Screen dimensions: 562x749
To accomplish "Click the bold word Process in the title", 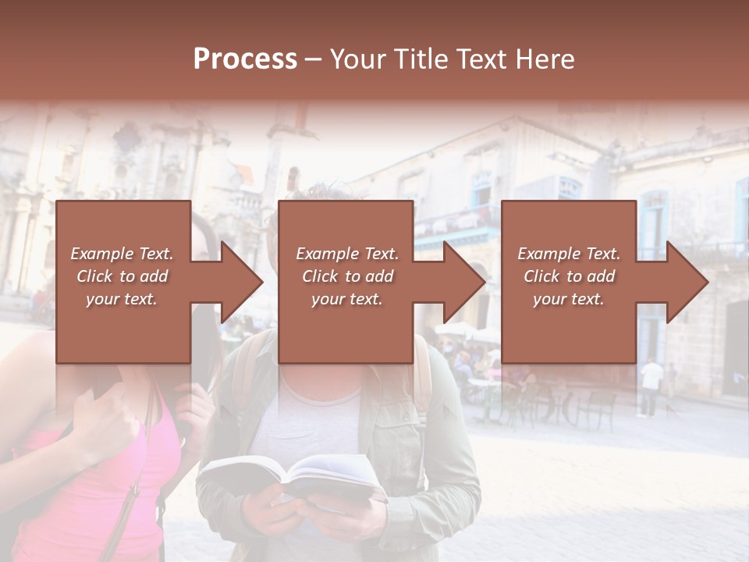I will click(x=245, y=59).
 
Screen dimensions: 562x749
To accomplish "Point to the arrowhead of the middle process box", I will click(x=463, y=282).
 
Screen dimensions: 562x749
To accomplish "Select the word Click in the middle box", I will click(x=320, y=276).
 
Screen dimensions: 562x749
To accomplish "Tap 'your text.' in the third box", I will click(x=568, y=299).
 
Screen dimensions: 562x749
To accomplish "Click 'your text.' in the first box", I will click(x=121, y=299).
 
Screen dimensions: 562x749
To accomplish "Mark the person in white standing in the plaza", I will click(x=651, y=386).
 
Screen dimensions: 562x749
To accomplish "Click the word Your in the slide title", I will click(x=356, y=59).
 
